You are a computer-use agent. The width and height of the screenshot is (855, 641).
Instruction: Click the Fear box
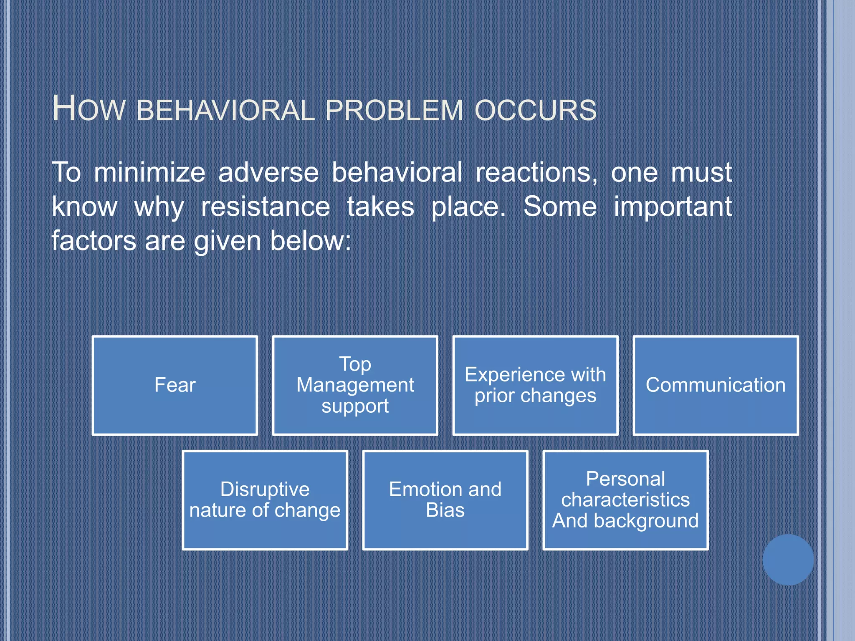[175, 385]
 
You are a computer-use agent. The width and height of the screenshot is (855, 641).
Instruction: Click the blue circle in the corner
[788, 560]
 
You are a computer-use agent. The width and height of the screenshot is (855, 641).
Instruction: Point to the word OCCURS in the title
[536, 111]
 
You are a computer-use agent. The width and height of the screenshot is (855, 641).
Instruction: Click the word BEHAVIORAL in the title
[225, 111]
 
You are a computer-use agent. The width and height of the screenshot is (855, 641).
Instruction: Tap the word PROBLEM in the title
[394, 111]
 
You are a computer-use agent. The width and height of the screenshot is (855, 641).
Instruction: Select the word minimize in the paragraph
[149, 172]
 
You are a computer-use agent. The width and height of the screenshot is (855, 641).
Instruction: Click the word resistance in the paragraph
[266, 207]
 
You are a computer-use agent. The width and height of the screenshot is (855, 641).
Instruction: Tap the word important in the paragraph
[673, 207]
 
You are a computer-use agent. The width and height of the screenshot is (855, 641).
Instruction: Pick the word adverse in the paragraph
[268, 172]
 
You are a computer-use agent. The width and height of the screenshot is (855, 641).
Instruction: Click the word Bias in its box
[445, 510]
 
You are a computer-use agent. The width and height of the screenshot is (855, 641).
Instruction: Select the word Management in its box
[355, 385]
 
